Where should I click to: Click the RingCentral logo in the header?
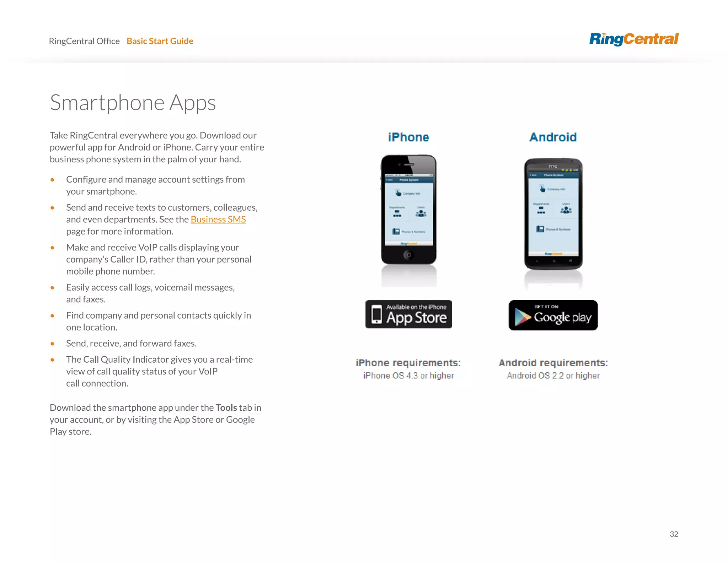[x=633, y=39]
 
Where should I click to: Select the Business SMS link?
[x=218, y=220]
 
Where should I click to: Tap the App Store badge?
[x=408, y=314]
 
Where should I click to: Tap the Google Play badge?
[x=553, y=315]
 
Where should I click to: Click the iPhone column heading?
[x=408, y=137]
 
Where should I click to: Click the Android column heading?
[x=553, y=137]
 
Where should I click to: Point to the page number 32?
[x=674, y=534]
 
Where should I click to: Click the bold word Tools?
[x=226, y=407]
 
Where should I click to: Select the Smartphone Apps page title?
[x=133, y=103]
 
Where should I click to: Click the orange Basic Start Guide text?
[x=160, y=41]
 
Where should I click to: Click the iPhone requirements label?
[x=408, y=363]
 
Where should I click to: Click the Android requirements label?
[x=553, y=363]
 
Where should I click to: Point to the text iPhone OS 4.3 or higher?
[x=408, y=375]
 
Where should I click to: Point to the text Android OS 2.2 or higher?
[x=553, y=375]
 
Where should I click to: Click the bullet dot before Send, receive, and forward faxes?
[x=52, y=344]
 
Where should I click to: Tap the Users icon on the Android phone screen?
[x=566, y=210]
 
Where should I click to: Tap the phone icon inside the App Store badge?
[x=376, y=314]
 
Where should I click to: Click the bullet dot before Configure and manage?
[x=52, y=180]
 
